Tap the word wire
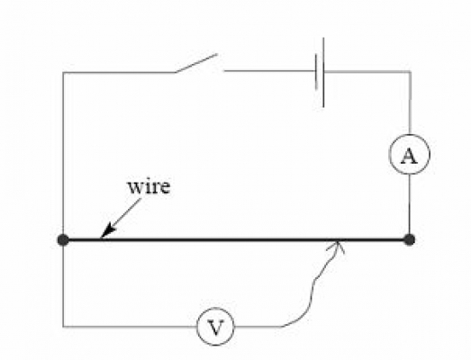pyautogui.click(x=149, y=186)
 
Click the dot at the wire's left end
pyautogui.click(x=63, y=240)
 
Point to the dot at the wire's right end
pyautogui.click(x=410, y=240)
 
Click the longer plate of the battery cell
pyautogui.click(x=323, y=72)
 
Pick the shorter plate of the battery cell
pyautogui.click(x=316, y=71)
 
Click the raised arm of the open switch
pyautogui.click(x=196, y=63)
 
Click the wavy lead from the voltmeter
pyautogui.click(x=312, y=285)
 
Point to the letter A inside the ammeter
pyautogui.click(x=409, y=156)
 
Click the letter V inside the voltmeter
pyautogui.click(x=215, y=328)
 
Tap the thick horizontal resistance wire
pyautogui.click(x=236, y=240)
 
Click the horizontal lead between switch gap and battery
pyautogui.click(x=270, y=71)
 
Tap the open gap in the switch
pyautogui.click(x=221, y=67)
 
